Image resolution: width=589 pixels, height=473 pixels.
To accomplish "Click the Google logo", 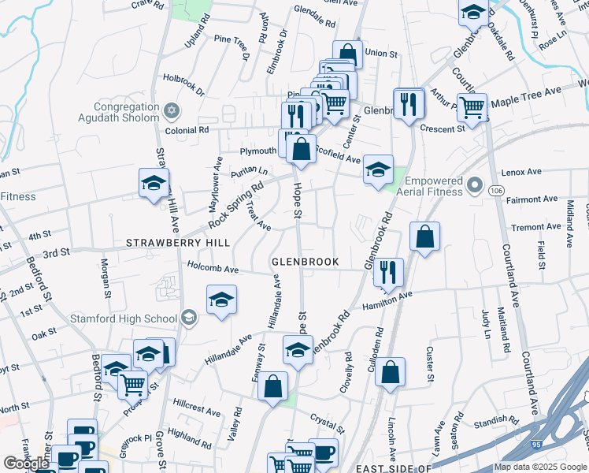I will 26,464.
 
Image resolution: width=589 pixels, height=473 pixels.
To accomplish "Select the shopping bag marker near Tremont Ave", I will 424,236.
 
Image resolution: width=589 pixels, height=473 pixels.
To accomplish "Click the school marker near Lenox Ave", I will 378,169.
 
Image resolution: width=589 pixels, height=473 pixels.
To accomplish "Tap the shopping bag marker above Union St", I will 348,54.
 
